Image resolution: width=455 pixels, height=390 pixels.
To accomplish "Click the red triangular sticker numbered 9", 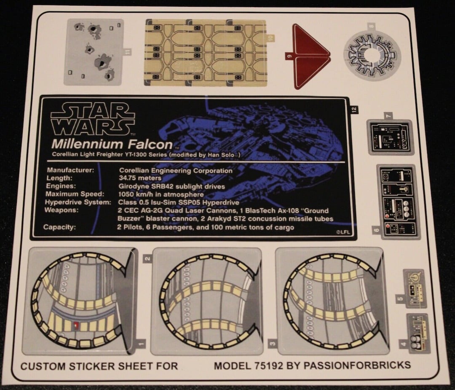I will point(311,56).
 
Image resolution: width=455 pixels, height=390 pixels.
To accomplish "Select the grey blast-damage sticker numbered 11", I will point(94,51).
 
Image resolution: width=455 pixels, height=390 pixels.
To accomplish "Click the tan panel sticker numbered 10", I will point(206,52).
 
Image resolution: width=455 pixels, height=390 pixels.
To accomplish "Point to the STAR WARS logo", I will point(93,119).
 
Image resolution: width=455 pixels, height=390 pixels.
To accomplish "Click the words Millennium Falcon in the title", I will point(112,145).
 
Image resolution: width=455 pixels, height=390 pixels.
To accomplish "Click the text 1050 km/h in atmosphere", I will point(161,194).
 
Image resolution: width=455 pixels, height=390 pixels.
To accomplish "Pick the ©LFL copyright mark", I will point(344,231).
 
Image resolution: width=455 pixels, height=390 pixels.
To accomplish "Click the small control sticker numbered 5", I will point(415,288).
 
